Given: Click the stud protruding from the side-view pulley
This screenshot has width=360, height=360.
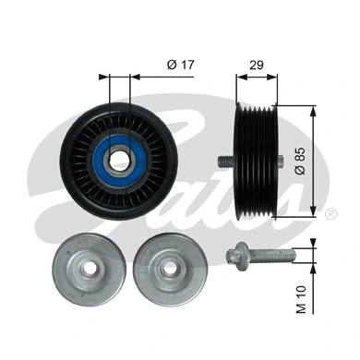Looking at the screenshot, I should point(223,161).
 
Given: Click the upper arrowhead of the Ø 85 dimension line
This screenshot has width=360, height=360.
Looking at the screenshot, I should point(315,109).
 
